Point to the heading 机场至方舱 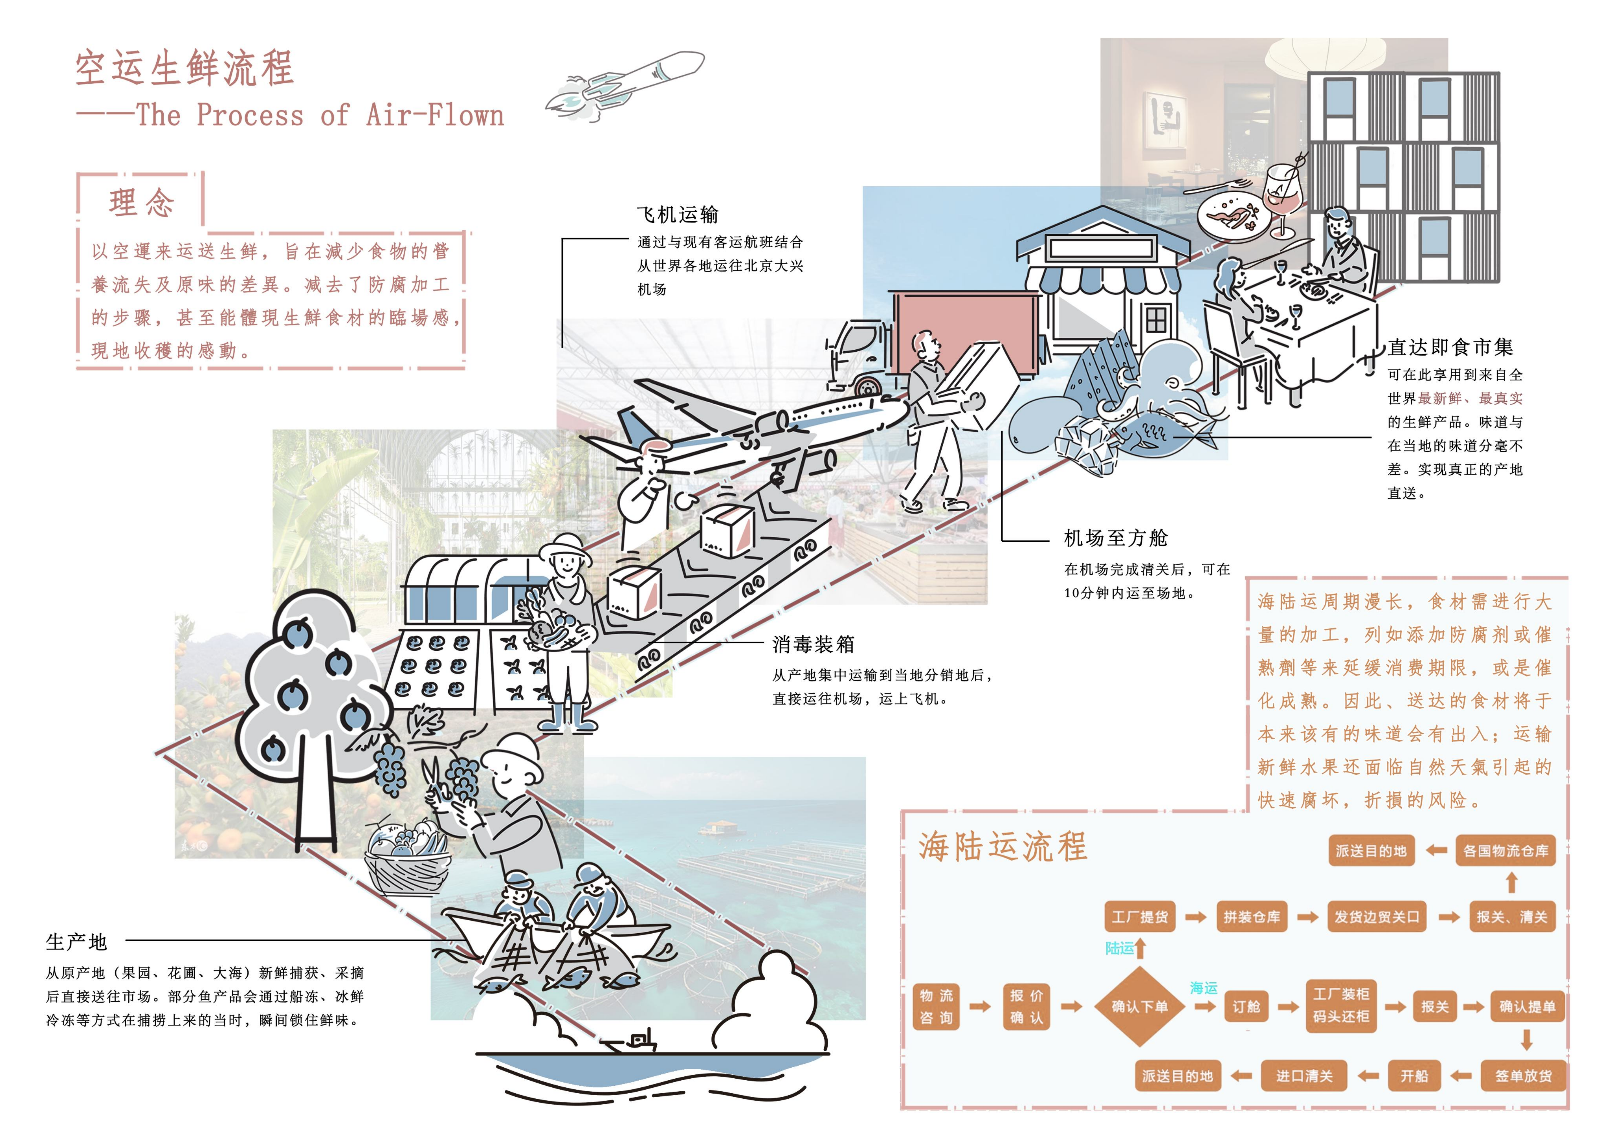1116,538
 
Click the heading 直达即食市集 1450,347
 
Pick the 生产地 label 76,942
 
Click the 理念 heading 141,203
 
